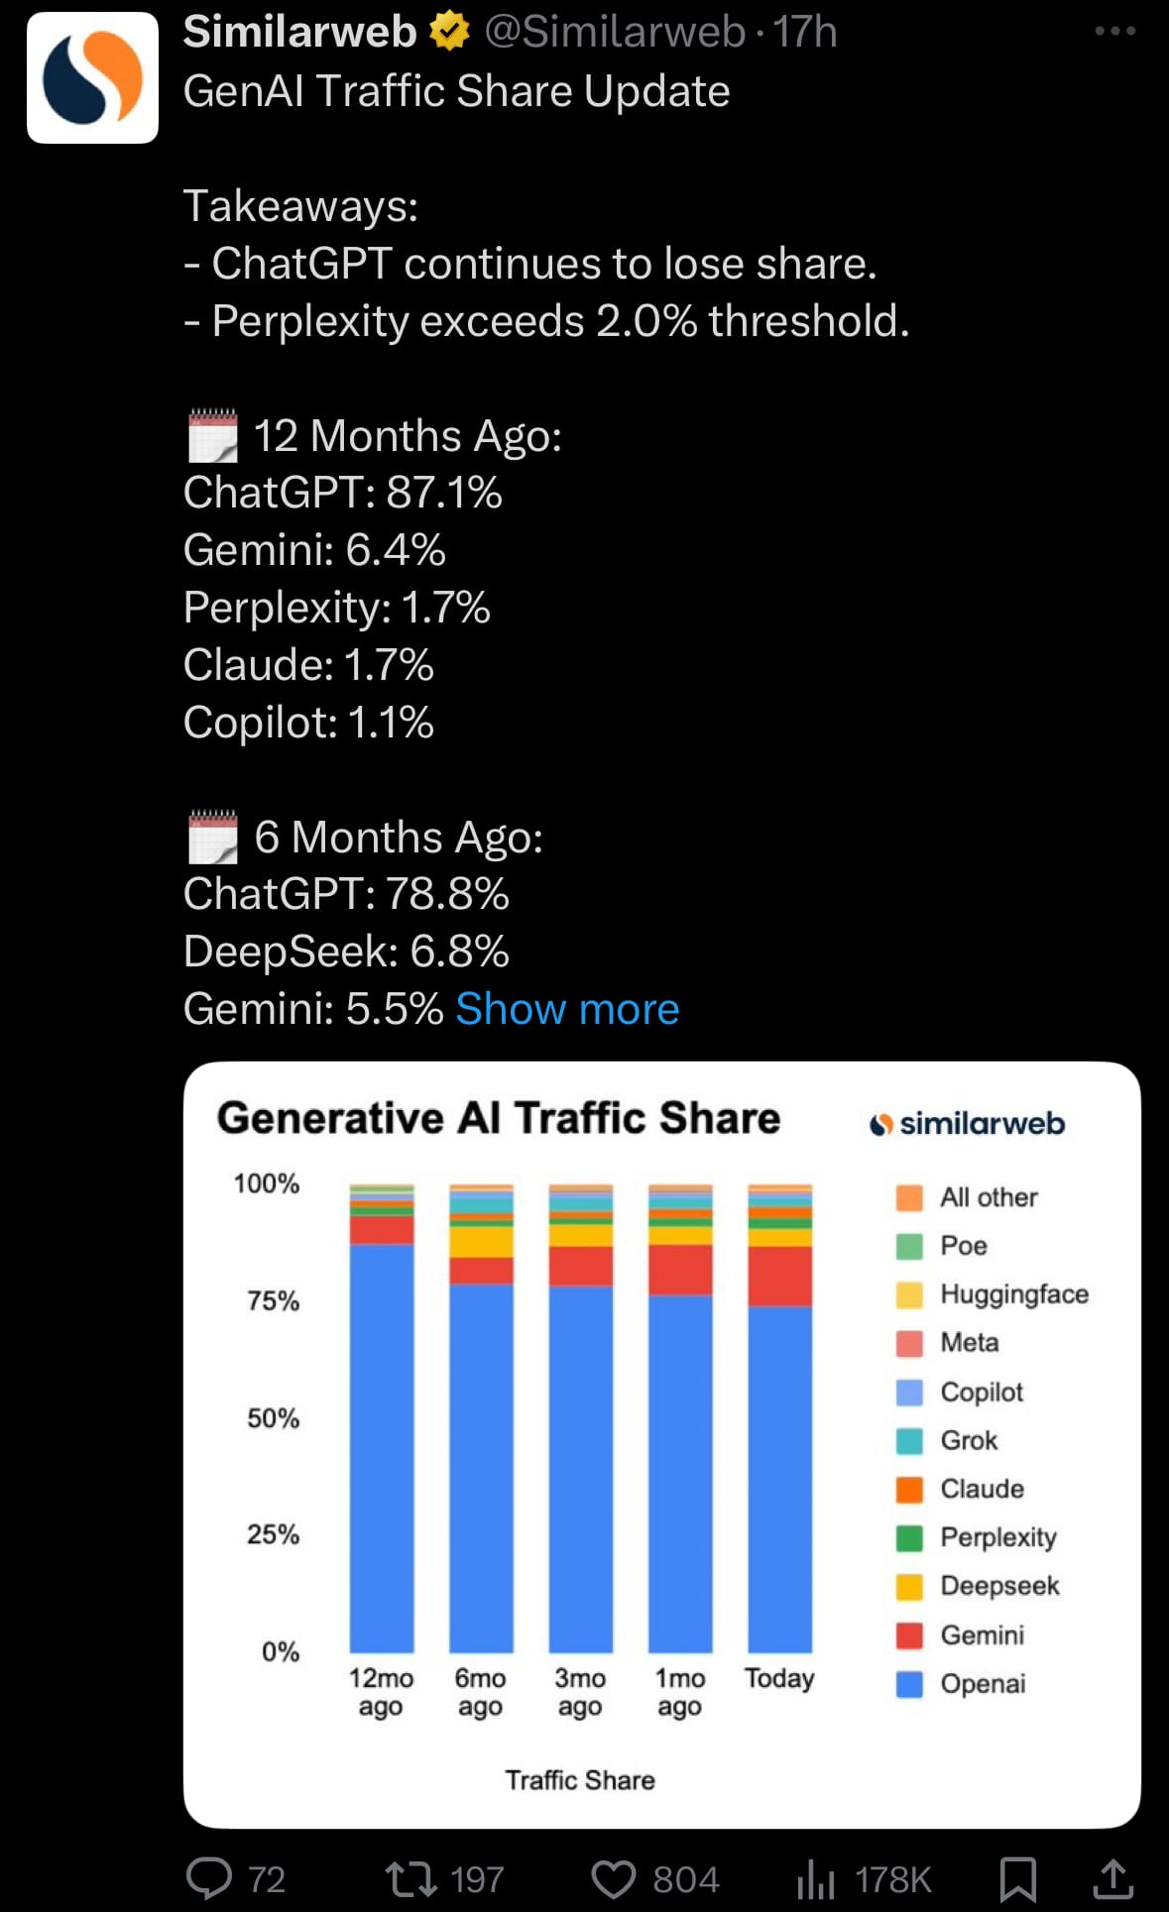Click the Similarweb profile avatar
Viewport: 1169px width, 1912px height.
(92, 77)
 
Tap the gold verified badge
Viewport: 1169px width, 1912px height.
(449, 33)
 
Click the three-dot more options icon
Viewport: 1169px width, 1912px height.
(1114, 32)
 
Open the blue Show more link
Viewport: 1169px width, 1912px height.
(567, 1009)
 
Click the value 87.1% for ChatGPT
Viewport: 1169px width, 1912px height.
(444, 493)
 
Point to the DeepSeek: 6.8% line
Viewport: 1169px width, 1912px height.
(346, 952)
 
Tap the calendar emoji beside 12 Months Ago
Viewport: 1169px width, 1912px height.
(213, 436)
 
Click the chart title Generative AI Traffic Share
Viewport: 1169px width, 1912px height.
(499, 1118)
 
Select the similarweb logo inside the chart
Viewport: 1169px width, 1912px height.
(967, 1124)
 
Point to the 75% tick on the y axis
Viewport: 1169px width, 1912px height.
(273, 1300)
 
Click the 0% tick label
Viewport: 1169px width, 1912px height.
(280, 1651)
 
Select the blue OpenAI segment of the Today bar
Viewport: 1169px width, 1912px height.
(779, 1477)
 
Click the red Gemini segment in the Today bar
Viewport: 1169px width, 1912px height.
(779, 1276)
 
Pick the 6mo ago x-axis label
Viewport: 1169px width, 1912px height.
(480, 1692)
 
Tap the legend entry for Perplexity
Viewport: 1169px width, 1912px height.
(997, 1537)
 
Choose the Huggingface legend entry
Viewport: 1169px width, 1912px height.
(1013, 1294)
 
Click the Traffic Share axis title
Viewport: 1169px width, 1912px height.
(580, 1780)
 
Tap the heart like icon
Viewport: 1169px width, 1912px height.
(614, 1878)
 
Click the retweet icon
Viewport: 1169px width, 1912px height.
(410, 1878)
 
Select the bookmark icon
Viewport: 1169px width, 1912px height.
(1018, 1878)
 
